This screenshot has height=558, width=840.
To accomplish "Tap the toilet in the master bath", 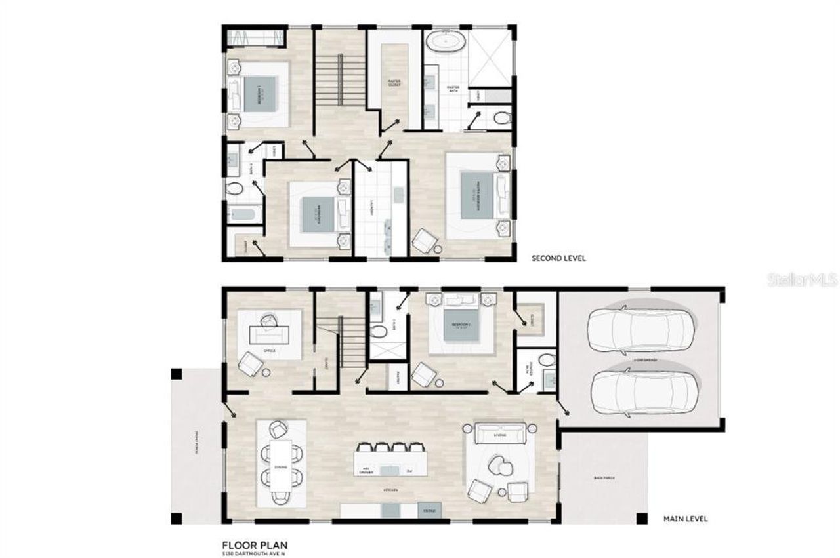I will (501, 119).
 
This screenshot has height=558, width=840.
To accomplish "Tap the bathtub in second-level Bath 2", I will (243, 214).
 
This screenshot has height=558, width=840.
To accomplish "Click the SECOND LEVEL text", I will (558, 258).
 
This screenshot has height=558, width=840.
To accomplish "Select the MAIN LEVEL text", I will (685, 519).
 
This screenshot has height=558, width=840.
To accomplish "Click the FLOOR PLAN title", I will (254, 544).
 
